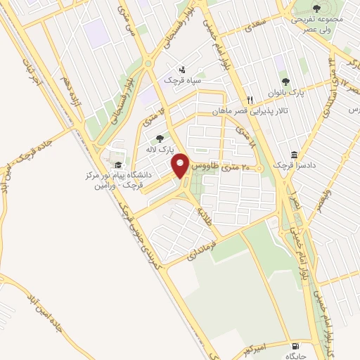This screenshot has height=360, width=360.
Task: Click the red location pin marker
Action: tap(181, 166)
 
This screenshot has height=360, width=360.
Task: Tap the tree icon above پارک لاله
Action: tap(160, 139)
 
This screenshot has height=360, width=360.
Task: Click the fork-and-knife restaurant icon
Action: tap(249, 99)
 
